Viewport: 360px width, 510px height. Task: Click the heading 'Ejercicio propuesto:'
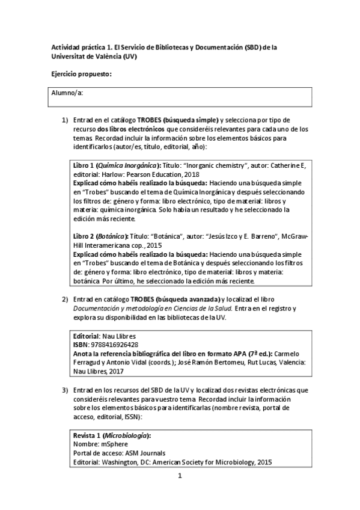[82, 73]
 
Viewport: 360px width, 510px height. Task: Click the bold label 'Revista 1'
[87, 435]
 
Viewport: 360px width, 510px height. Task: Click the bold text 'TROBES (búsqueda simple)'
[177, 120]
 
